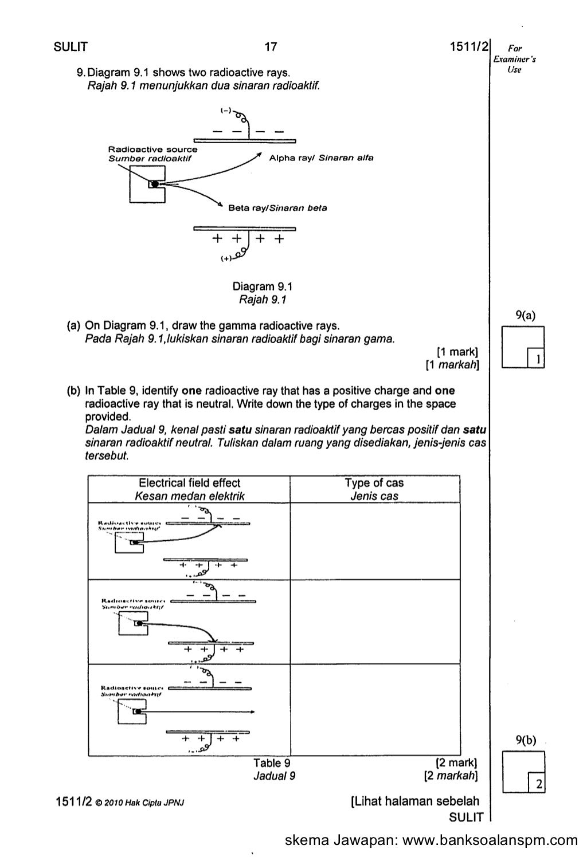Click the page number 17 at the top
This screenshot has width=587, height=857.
(x=271, y=48)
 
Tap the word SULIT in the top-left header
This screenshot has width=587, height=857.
(x=71, y=48)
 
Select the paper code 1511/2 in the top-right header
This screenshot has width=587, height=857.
(x=468, y=48)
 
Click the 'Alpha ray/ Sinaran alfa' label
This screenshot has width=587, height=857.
(x=321, y=158)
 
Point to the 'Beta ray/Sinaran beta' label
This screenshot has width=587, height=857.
(x=277, y=208)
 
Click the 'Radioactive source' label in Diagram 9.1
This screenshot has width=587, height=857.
(x=153, y=150)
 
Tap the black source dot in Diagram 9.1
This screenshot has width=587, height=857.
(x=154, y=184)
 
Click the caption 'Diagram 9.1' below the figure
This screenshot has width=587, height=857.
(x=262, y=286)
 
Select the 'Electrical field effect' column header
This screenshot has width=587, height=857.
(x=190, y=483)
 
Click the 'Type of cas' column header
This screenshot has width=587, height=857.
(x=374, y=483)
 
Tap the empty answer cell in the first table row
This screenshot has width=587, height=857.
(x=374, y=541)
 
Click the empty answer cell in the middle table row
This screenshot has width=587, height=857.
(x=374, y=622)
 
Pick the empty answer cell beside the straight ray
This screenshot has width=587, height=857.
(x=374, y=709)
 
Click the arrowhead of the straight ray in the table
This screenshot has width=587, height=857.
(x=252, y=712)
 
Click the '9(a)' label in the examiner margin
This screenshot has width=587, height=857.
(x=525, y=315)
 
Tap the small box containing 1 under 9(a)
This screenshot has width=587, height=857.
(x=536, y=359)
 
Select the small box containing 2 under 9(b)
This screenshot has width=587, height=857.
(x=536, y=784)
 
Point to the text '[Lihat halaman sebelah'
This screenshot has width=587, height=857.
(x=414, y=801)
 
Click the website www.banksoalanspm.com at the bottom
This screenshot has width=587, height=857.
(x=491, y=840)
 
